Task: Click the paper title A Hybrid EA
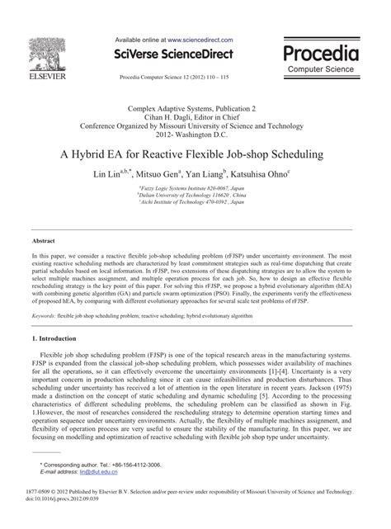point(195,154)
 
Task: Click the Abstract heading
point(43,241)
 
